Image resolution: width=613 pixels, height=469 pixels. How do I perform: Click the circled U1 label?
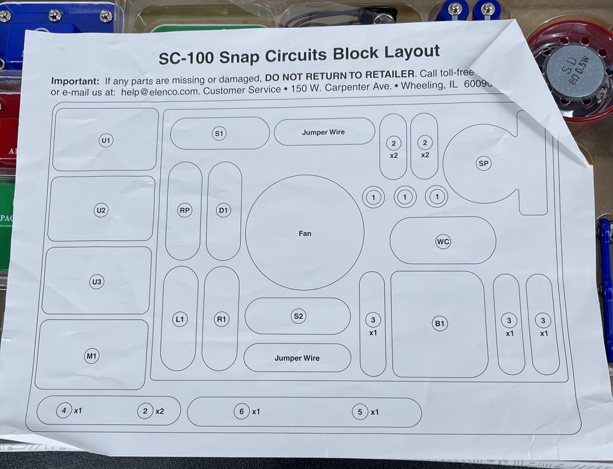pos(106,140)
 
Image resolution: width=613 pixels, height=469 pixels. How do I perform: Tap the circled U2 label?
pos(101,210)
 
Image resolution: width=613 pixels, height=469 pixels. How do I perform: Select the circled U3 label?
pos(96,282)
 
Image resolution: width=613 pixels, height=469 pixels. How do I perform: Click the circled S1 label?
pos(219,133)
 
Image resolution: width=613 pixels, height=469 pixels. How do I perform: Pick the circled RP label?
pos(185,210)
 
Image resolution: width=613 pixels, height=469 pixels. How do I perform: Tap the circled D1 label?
pos(224,210)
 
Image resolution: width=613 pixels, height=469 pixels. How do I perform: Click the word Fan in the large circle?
pos(305,234)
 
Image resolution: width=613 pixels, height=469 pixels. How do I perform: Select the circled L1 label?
pos(179,319)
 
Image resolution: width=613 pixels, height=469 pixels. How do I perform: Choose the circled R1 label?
pos(221,319)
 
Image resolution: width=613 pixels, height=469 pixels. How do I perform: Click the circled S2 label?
pos(298,316)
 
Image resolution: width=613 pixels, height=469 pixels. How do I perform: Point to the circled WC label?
pos(443,242)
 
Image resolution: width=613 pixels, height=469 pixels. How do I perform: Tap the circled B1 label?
pos(440,324)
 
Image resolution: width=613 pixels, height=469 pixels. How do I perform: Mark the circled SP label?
pos(484,163)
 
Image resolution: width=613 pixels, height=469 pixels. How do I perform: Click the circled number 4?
pos(63,411)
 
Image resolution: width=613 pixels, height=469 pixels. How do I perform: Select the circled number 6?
pos(241,412)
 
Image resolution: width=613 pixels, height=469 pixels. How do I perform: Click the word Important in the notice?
pos(75,81)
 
